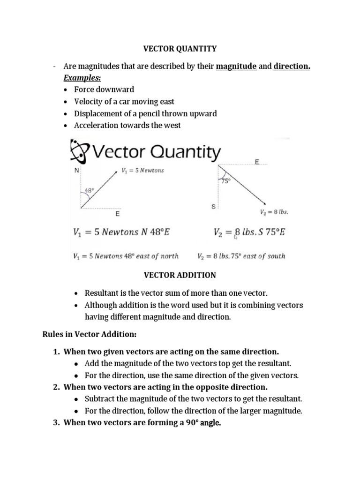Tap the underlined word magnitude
click(x=236, y=67)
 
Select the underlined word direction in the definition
click(x=292, y=67)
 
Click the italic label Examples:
click(x=81, y=77)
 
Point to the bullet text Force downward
click(x=104, y=89)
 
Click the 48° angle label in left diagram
click(x=89, y=191)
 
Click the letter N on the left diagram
click(x=76, y=171)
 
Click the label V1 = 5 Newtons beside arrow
click(x=142, y=171)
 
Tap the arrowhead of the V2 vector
click(x=265, y=203)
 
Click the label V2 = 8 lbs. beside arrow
click(x=274, y=212)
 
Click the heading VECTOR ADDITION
click(x=180, y=275)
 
